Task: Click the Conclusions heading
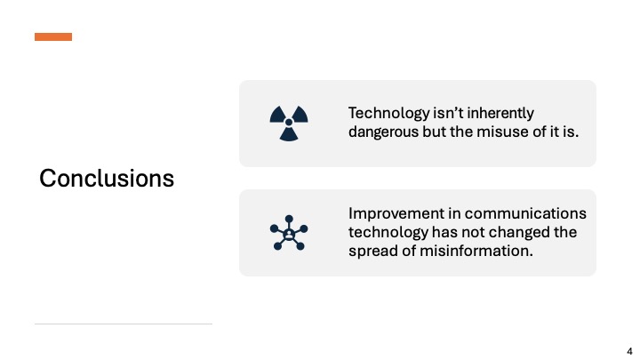[107, 179]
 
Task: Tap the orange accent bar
[53, 36]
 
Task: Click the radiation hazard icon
[289, 124]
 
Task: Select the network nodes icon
[289, 233]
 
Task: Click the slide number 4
[629, 351]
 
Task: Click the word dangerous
[383, 132]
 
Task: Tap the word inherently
[500, 113]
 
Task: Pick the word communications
[525, 213]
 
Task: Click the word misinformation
[476, 251]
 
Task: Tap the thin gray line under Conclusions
[124, 324]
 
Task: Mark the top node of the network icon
[289, 219]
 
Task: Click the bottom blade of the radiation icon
[289, 135]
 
